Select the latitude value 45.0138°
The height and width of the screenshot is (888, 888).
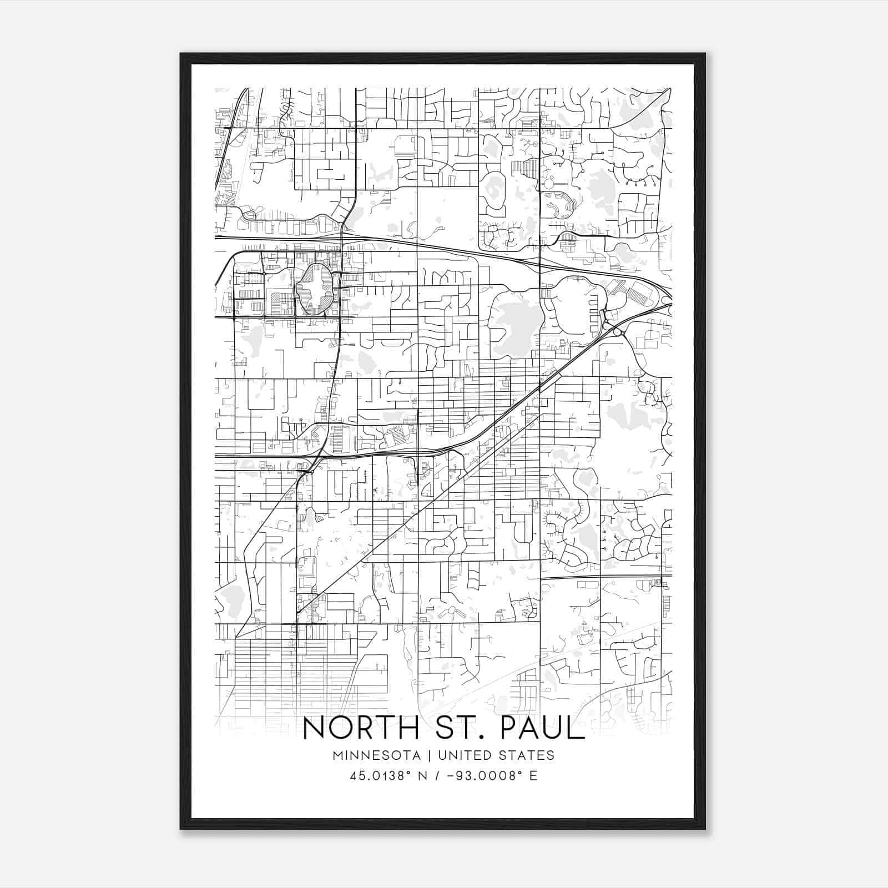(377, 776)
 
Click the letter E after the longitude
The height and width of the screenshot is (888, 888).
(533, 776)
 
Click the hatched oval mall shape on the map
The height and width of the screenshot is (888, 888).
(314, 289)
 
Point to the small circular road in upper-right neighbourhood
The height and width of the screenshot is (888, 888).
(549, 183)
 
